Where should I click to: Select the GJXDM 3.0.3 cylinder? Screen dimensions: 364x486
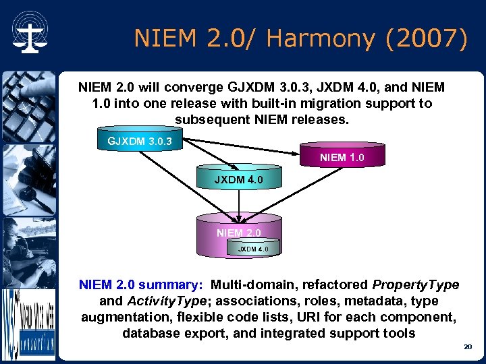(x=140, y=141)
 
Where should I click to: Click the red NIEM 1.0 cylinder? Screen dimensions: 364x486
(x=342, y=158)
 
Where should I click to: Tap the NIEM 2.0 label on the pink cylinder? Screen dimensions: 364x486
(x=238, y=233)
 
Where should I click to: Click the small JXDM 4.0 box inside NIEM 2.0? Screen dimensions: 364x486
(x=252, y=249)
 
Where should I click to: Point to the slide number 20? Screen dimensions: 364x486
(x=467, y=346)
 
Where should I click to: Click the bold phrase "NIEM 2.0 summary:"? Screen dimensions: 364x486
(x=141, y=284)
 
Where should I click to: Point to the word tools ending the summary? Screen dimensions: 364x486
(x=399, y=333)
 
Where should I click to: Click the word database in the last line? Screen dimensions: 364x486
(x=150, y=333)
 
